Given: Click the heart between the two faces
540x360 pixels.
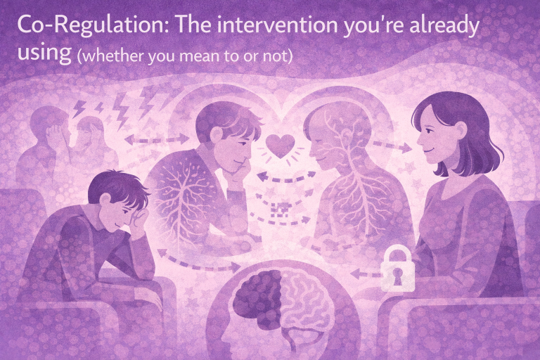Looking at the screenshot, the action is (x=281, y=146).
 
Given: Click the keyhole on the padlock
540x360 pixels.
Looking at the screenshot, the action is (x=398, y=276).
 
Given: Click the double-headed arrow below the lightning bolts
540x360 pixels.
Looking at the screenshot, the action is (x=157, y=139).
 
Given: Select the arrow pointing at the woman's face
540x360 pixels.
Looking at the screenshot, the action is (x=392, y=146).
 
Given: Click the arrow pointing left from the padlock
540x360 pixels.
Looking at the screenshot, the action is (x=366, y=274).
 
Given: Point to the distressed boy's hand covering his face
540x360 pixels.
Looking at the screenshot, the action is (x=139, y=223).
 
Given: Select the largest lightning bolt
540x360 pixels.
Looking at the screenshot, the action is (x=121, y=110).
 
